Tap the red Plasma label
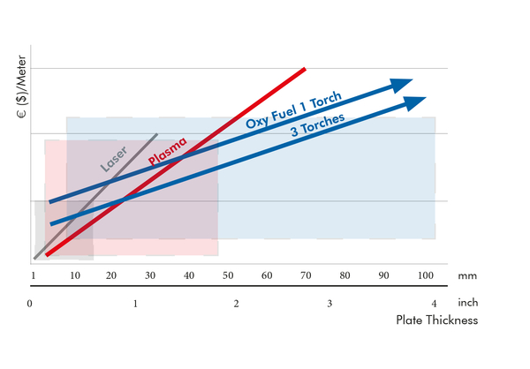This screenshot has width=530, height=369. tap(167, 151)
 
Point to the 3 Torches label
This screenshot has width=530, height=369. tap(318, 126)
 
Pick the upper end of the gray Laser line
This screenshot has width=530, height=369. tap(157, 134)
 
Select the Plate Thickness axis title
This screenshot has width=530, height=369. tap(436, 320)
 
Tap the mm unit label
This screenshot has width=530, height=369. tap(467, 276)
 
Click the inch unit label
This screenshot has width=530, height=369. tap(467, 304)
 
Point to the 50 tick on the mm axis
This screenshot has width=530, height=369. tap(228, 276)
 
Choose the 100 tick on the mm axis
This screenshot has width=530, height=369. tap(426, 276)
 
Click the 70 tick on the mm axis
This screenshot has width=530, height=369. tap(306, 276)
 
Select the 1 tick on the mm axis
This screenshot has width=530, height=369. tap(34, 276)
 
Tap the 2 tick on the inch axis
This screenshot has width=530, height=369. tap(236, 304)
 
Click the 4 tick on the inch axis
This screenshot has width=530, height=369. tap(434, 304)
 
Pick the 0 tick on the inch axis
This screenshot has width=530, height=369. tap(30, 304)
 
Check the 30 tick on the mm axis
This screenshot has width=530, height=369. tap(149, 276)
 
